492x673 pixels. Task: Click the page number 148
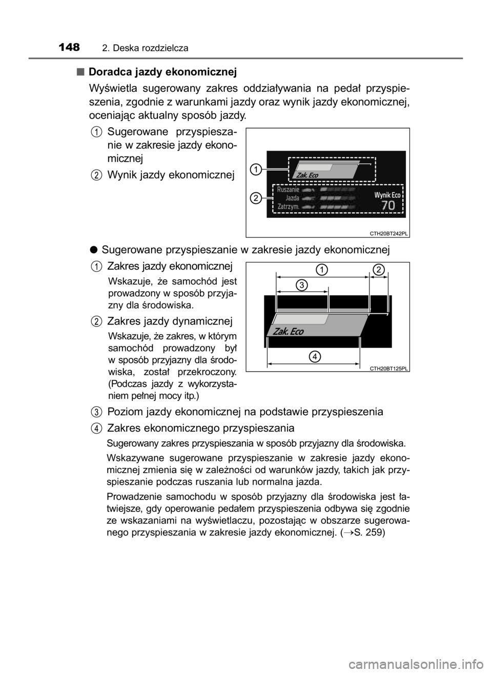pos(69,47)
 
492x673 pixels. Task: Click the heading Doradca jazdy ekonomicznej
pos(163,72)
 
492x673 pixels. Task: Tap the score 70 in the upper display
pos(388,206)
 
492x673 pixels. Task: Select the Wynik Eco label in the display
pos(387,195)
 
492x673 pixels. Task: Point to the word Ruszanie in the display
pos(288,190)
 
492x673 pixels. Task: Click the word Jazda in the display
pos(292,198)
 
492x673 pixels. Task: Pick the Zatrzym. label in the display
pos(288,207)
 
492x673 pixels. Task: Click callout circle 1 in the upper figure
pos(256,169)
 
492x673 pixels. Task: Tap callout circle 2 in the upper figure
pos(256,198)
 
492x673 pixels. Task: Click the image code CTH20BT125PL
pos(388,369)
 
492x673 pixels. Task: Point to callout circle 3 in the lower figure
pos(302,284)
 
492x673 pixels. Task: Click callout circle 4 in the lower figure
pos(315,357)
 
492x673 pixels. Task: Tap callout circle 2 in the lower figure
pos(378,270)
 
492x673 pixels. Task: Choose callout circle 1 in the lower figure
pos(322,270)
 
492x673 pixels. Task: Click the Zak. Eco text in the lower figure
pos(289,332)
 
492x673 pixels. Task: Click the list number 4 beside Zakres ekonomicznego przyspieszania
pos(96,428)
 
